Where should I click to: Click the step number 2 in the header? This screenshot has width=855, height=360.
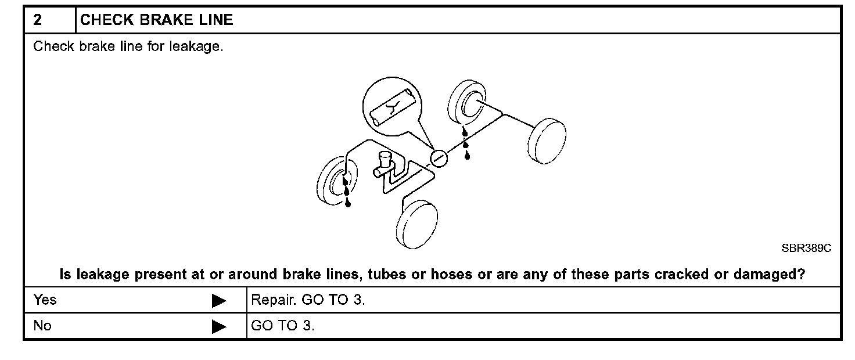(x=38, y=20)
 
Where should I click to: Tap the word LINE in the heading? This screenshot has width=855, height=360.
(x=217, y=20)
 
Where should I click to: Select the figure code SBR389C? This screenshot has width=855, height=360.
(x=806, y=248)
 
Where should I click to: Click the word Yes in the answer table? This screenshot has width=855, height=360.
(x=45, y=300)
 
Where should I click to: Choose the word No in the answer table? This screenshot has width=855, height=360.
(x=42, y=326)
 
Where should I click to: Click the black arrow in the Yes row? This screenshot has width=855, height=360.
(x=219, y=301)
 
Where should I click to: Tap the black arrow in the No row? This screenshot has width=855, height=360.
(x=219, y=326)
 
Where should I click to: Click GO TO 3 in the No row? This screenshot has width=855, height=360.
(x=282, y=326)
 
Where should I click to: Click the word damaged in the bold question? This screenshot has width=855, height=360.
(x=766, y=275)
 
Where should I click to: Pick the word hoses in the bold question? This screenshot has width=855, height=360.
(x=448, y=275)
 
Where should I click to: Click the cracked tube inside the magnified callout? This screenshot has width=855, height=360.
(x=393, y=107)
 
